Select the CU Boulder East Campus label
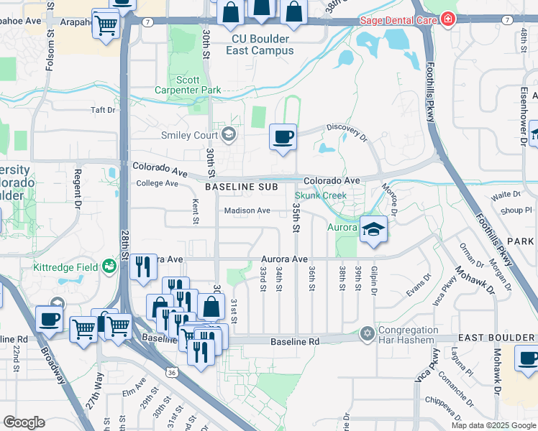click(x=260, y=45)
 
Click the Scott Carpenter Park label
click(x=188, y=85)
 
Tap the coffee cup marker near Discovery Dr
click(x=283, y=136)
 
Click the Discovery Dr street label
click(x=346, y=127)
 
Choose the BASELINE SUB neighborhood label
click(x=240, y=187)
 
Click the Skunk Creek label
click(x=321, y=195)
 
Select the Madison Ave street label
click(x=247, y=210)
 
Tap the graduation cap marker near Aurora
click(x=373, y=230)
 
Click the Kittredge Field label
click(x=65, y=267)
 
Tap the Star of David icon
click(x=368, y=333)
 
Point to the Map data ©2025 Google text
click(x=493, y=425)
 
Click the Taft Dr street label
click(x=103, y=110)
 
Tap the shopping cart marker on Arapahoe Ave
click(x=106, y=27)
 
